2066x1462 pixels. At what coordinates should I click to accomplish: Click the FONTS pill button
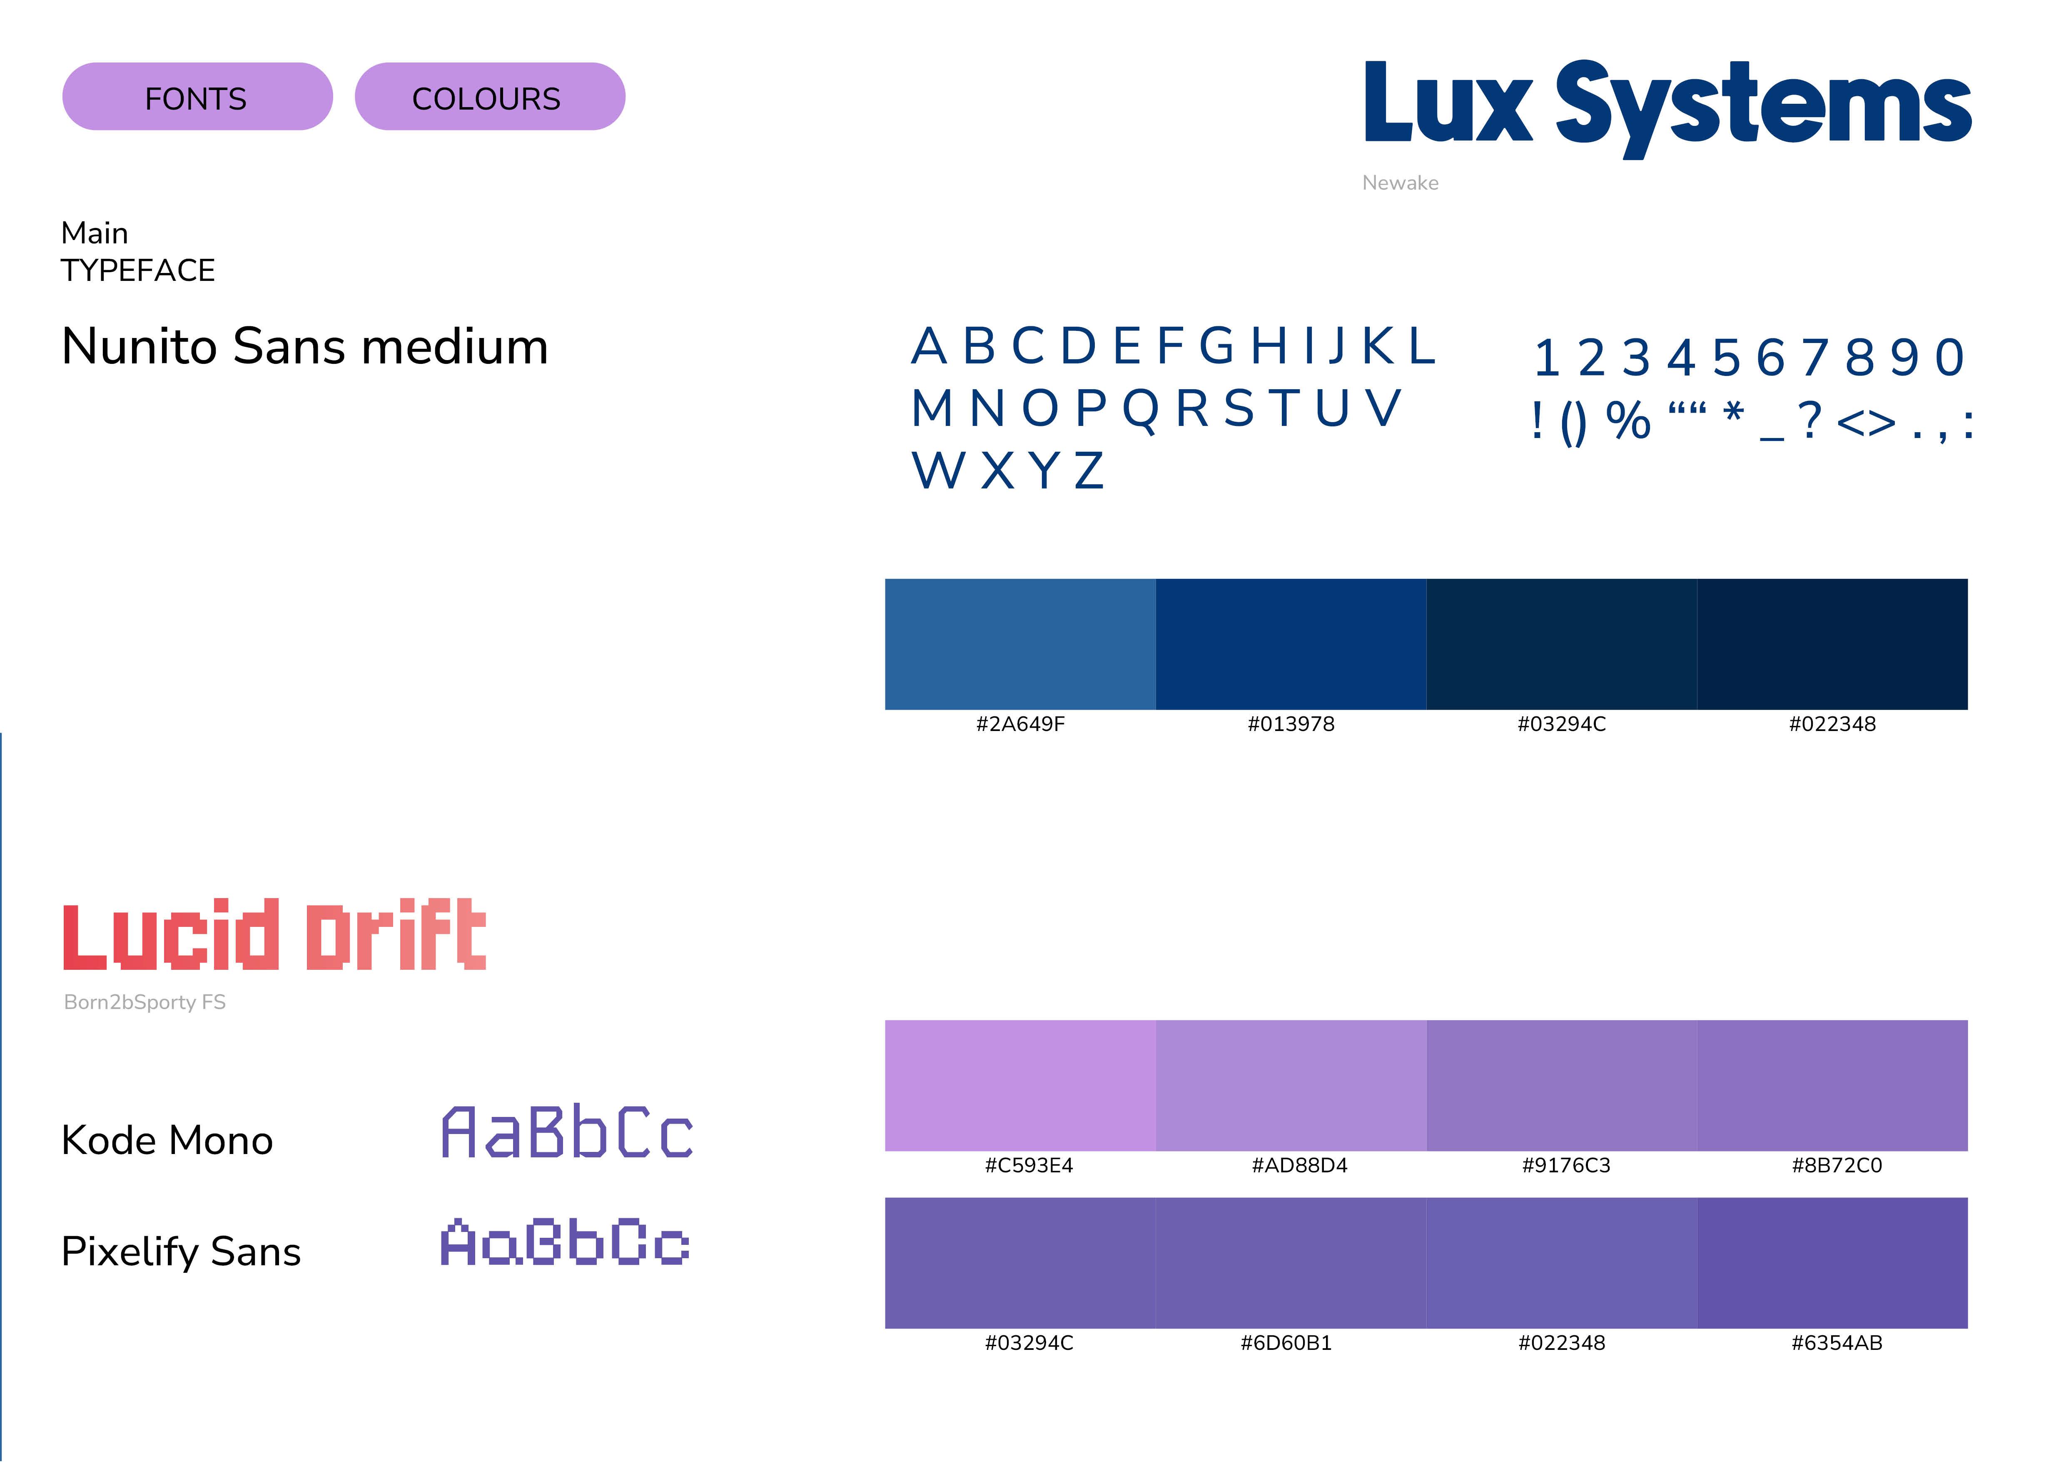tap(197, 97)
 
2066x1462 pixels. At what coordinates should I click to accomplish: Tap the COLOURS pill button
tap(489, 97)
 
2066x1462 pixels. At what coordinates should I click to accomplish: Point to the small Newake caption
tap(1400, 183)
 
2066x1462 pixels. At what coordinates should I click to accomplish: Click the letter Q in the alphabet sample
tap(1141, 410)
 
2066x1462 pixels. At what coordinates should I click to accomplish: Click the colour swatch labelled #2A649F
tap(1020, 643)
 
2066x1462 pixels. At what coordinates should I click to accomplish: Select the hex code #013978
tap(1290, 724)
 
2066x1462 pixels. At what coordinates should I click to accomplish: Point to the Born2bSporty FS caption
tap(145, 1002)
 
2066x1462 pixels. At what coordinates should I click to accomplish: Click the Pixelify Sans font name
tap(181, 1252)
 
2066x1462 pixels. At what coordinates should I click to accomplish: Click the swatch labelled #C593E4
tap(1020, 1085)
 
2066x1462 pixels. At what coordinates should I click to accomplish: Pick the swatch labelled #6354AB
tap(1832, 1262)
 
